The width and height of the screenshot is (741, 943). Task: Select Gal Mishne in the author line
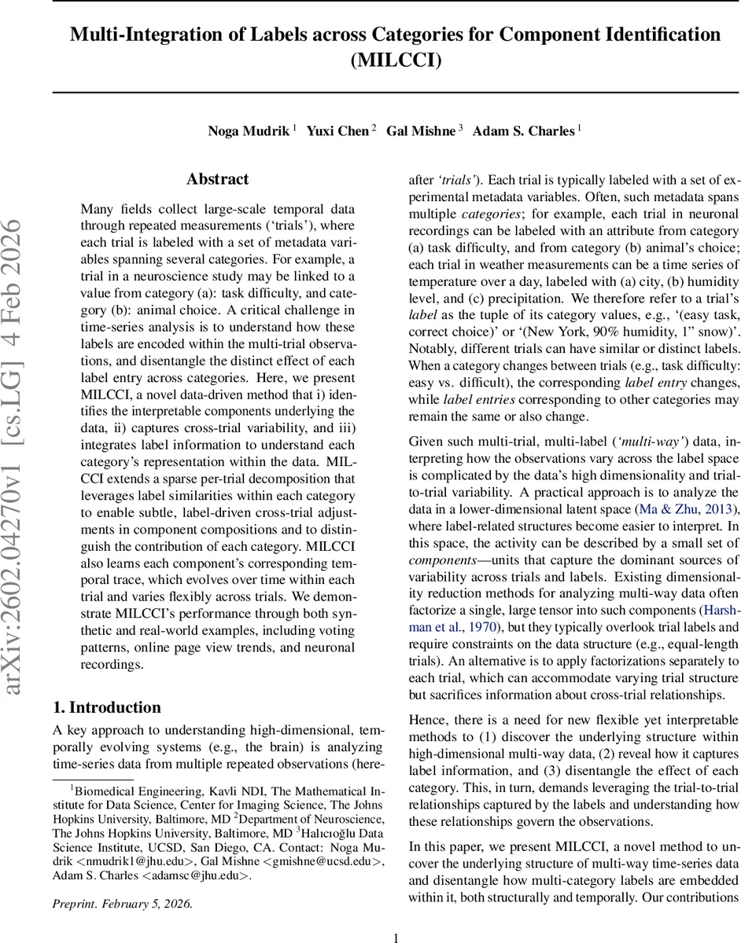point(420,130)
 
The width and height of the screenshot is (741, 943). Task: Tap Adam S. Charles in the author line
point(523,130)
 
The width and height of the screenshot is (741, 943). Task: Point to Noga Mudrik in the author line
point(246,130)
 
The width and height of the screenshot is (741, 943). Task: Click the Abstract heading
point(218,179)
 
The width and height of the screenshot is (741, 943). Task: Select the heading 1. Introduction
point(106,706)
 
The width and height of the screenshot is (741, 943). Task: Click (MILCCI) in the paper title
point(396,60)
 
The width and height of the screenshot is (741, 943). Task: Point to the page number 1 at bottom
point(396,916)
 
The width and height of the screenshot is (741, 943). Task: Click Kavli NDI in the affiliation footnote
point(207,790)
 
